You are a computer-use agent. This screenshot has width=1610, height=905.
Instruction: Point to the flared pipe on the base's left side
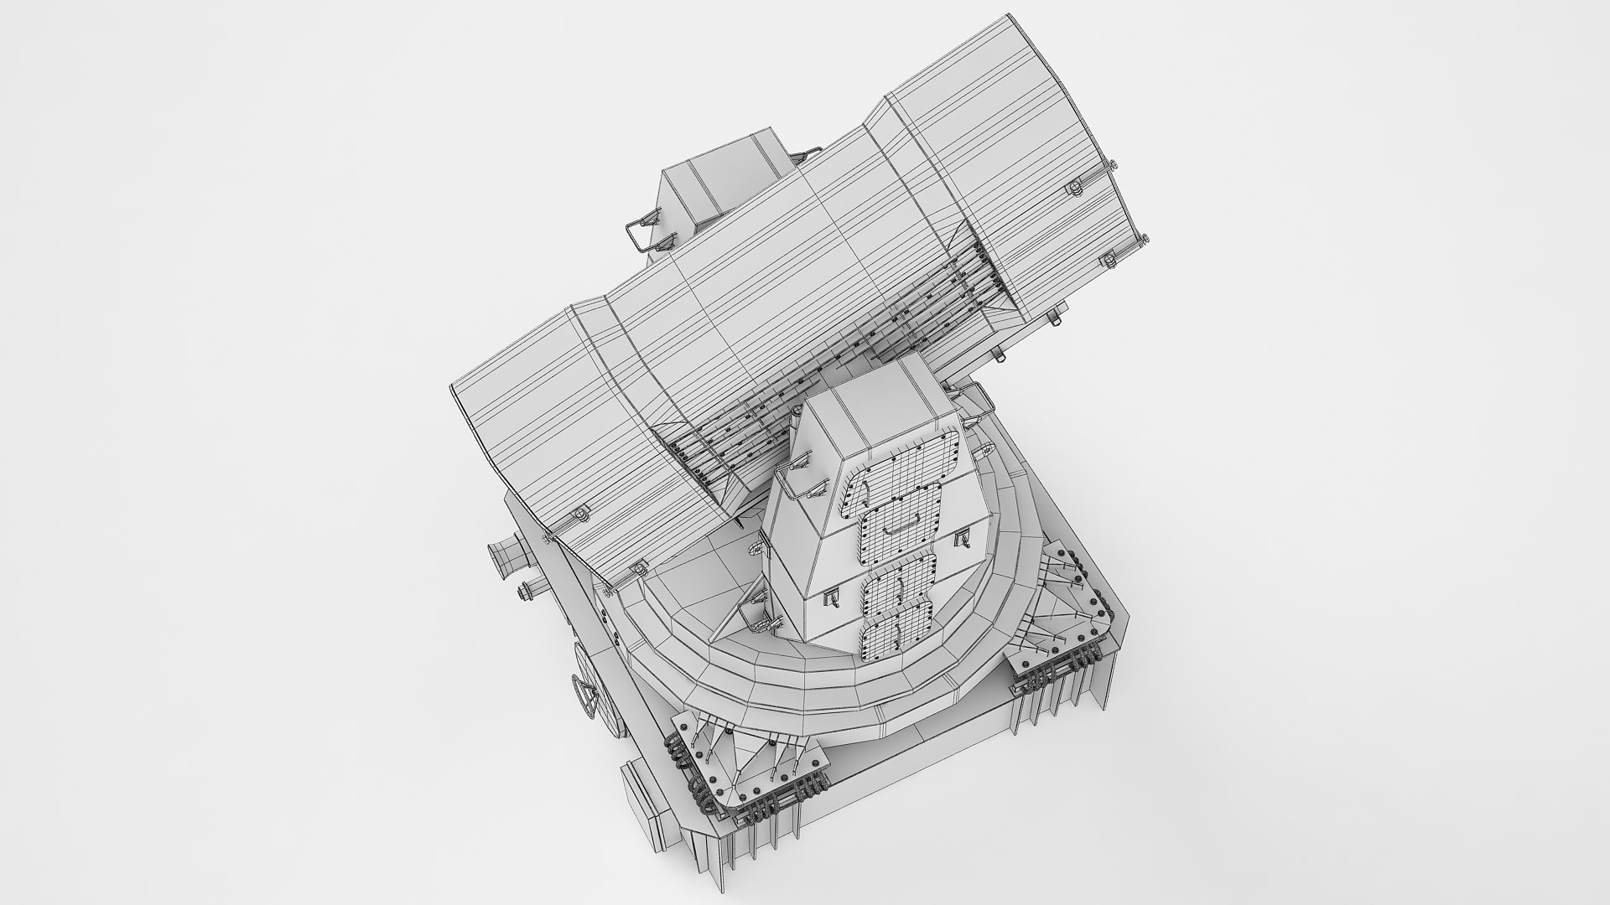point(508,554)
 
